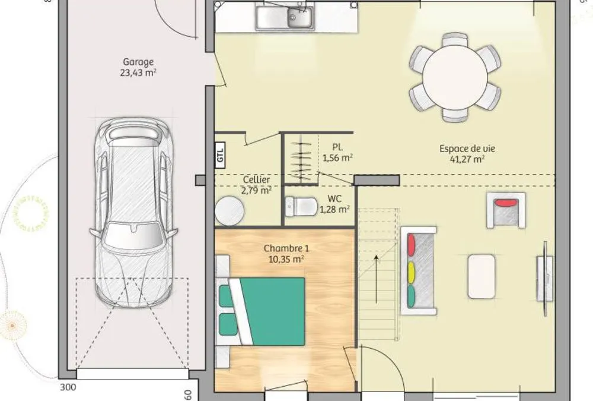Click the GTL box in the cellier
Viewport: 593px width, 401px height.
(220, 154)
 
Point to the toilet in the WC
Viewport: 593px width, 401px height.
(301, 206)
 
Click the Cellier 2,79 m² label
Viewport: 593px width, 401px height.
(256, 185)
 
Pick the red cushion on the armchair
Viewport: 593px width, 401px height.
(507, 203)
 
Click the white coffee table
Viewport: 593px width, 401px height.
(482, 276)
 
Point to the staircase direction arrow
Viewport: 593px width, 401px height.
(377, 279)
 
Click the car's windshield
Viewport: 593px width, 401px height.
(132, 235)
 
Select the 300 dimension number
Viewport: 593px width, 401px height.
(68, 387)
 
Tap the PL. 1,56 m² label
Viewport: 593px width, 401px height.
(337, 152)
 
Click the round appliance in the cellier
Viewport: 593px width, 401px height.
(229, 211)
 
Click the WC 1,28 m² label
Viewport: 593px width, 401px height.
(334, 204)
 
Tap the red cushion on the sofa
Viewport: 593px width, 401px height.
(411, 245)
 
